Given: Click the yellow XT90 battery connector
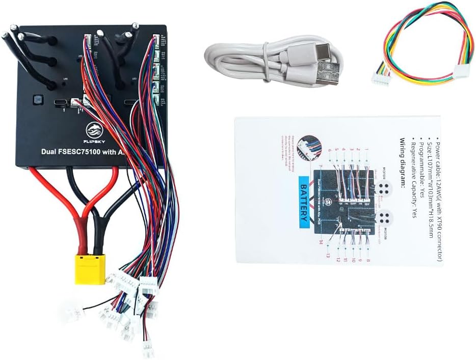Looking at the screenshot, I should (x=90, y=268).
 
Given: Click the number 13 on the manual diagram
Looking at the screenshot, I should (x=329, y=255).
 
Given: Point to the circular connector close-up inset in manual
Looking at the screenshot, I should (x=309, y=148).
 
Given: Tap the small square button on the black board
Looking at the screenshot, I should (x=37, y=99).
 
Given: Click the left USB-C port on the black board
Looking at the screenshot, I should (x=61, y=102).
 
